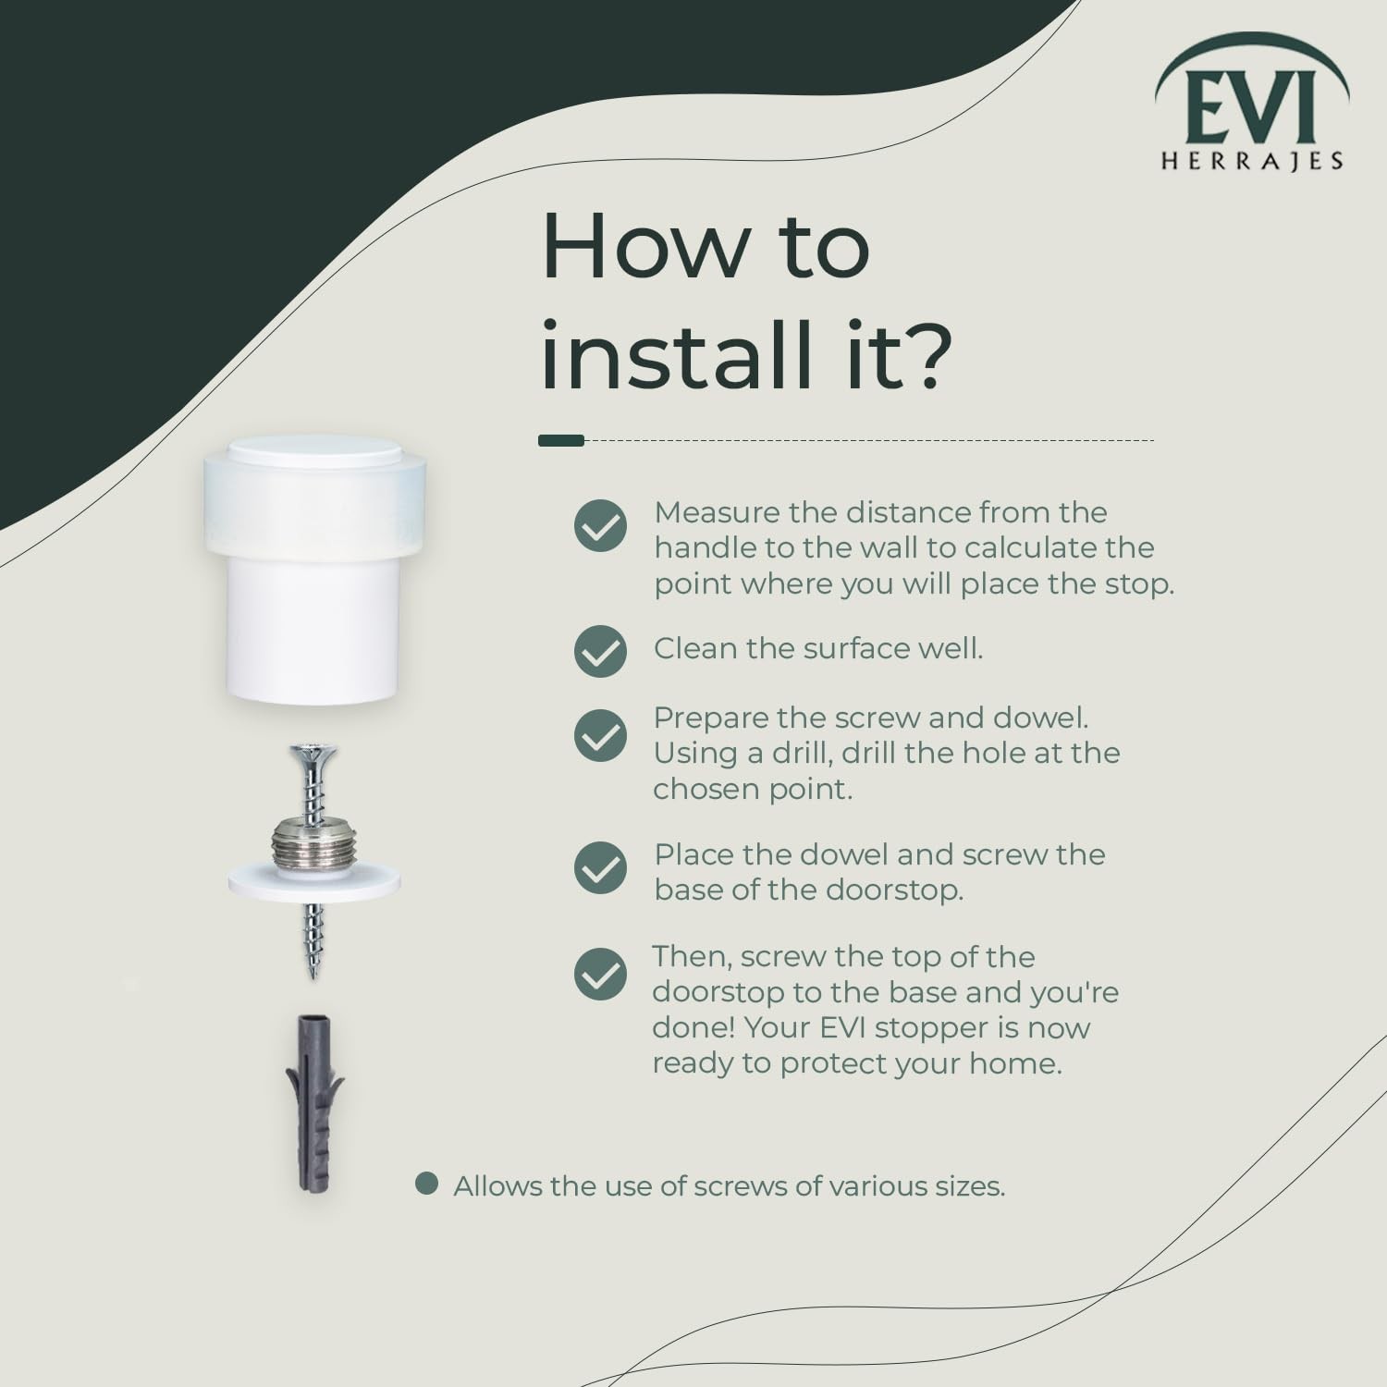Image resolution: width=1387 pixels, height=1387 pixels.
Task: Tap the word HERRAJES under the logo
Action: point(1252,162)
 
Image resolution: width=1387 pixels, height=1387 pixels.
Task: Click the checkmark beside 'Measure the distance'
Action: point(600,526)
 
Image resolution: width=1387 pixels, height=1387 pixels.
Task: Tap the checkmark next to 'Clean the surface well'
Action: point(600,651)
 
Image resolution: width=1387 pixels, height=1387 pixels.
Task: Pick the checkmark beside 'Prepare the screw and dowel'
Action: point(600,735)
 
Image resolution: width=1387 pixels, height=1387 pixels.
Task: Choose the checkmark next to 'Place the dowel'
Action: point(600,867)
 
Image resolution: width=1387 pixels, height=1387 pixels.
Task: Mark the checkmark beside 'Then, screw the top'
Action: point(600,974)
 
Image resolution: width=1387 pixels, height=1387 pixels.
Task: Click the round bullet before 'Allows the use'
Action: point(426,1184)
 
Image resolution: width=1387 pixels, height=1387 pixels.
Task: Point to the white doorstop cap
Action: point(314,571)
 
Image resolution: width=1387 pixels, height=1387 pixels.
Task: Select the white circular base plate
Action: point(314,882)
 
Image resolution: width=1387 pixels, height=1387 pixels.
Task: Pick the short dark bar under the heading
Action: point(561,440)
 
